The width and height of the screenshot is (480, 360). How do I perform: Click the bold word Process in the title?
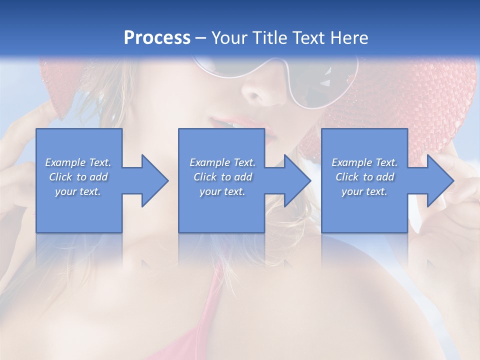tap(157, 38)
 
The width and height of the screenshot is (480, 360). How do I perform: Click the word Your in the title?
tap(227, 38)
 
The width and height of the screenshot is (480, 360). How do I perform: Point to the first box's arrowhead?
tap(152, 180)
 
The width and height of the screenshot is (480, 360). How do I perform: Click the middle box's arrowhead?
tap(295, 180)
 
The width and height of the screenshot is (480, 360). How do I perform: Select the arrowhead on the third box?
tap(438, 180)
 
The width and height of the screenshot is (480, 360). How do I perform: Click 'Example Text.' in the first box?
tap(78, 162)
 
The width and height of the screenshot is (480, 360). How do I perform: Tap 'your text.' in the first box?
tap(78, 191)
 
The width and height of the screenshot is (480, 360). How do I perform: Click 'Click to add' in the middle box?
tap(222, 177)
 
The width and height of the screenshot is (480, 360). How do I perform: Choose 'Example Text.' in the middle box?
tap(222, 162)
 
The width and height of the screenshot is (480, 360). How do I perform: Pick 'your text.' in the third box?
tap(364, 191)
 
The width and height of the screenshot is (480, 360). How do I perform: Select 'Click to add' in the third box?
tap(364, 177)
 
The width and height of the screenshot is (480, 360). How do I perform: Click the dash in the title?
tap(200, 38)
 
